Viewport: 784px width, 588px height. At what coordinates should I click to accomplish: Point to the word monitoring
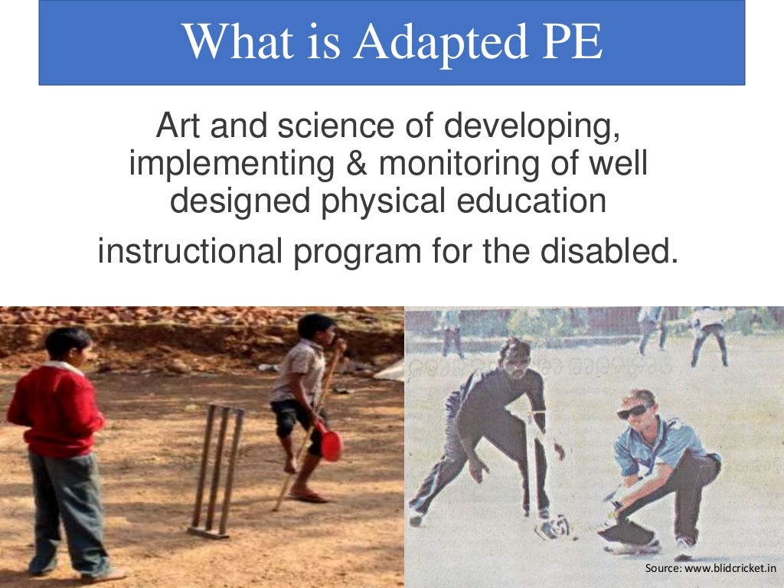point(459,164)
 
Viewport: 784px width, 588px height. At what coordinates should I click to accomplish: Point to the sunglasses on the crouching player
point(632,411)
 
